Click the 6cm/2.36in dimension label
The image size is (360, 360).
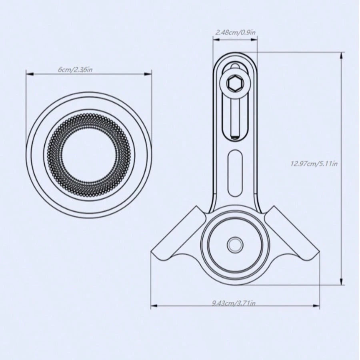75,69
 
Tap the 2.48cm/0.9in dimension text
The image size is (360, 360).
235,32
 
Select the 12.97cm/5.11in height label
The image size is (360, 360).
314,164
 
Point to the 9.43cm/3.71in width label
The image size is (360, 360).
234,303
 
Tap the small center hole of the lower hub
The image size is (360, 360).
235,245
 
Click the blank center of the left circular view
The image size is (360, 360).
89,155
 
